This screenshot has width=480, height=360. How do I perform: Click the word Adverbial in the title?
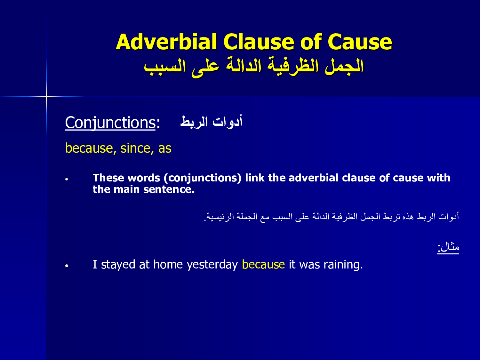tap(166, 42)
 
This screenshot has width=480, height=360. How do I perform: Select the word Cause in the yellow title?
tap(360, 42)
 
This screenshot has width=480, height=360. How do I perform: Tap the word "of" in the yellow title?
tap(311, 42)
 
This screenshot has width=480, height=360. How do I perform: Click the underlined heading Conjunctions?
tap(110, 123)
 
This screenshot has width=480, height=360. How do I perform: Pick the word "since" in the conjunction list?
tap(135, 148)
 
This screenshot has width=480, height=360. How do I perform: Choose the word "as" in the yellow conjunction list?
tap(165, 148)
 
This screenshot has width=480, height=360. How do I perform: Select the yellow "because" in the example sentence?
tap(263, 264)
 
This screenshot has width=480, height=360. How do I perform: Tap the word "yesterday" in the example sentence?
tap(212, 265)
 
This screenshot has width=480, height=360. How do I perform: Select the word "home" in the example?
tap(168, 264)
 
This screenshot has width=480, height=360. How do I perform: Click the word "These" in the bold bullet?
tap(108, 178)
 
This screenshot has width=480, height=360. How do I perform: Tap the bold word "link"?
tap(255, 178)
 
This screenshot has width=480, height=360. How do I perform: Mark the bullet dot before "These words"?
tap(67, 179)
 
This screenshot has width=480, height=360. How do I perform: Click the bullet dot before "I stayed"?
tap(67, 266)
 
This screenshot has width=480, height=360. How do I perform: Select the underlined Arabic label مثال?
tap(448, 247)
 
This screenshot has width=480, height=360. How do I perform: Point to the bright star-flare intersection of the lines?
tap(46, 96)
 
